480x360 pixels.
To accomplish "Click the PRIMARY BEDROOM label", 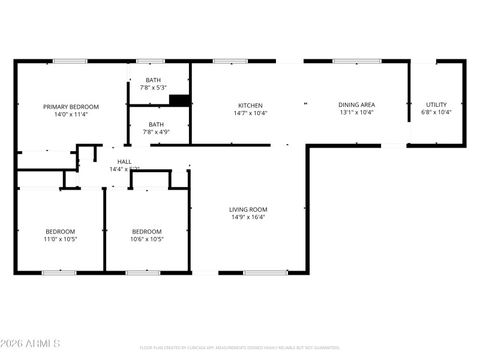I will (71, 107).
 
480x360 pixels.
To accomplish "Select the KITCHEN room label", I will (250, 106).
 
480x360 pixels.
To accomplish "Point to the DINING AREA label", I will (356, 105).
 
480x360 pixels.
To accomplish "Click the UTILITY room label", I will (436, 105).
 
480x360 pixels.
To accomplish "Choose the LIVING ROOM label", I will (248, 210).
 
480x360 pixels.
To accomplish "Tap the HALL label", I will (124, 162).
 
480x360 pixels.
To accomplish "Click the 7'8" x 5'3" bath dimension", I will (153, 88).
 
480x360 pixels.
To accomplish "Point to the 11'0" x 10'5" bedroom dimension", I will (61, 239).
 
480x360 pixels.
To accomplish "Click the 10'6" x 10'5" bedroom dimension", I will (147, 239).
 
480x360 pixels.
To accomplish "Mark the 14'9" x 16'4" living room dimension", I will (248, 217).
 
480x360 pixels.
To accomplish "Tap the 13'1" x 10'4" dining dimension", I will (356, 112).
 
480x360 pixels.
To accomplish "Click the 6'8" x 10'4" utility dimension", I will (436, 112).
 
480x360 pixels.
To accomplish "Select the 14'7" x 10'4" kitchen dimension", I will (250, 113).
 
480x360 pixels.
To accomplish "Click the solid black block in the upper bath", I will (179, 100).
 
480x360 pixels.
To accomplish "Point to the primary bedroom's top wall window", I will (70, 61).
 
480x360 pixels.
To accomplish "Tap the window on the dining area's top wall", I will (357, 61).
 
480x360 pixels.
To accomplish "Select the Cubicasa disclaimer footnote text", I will (239, 348).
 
